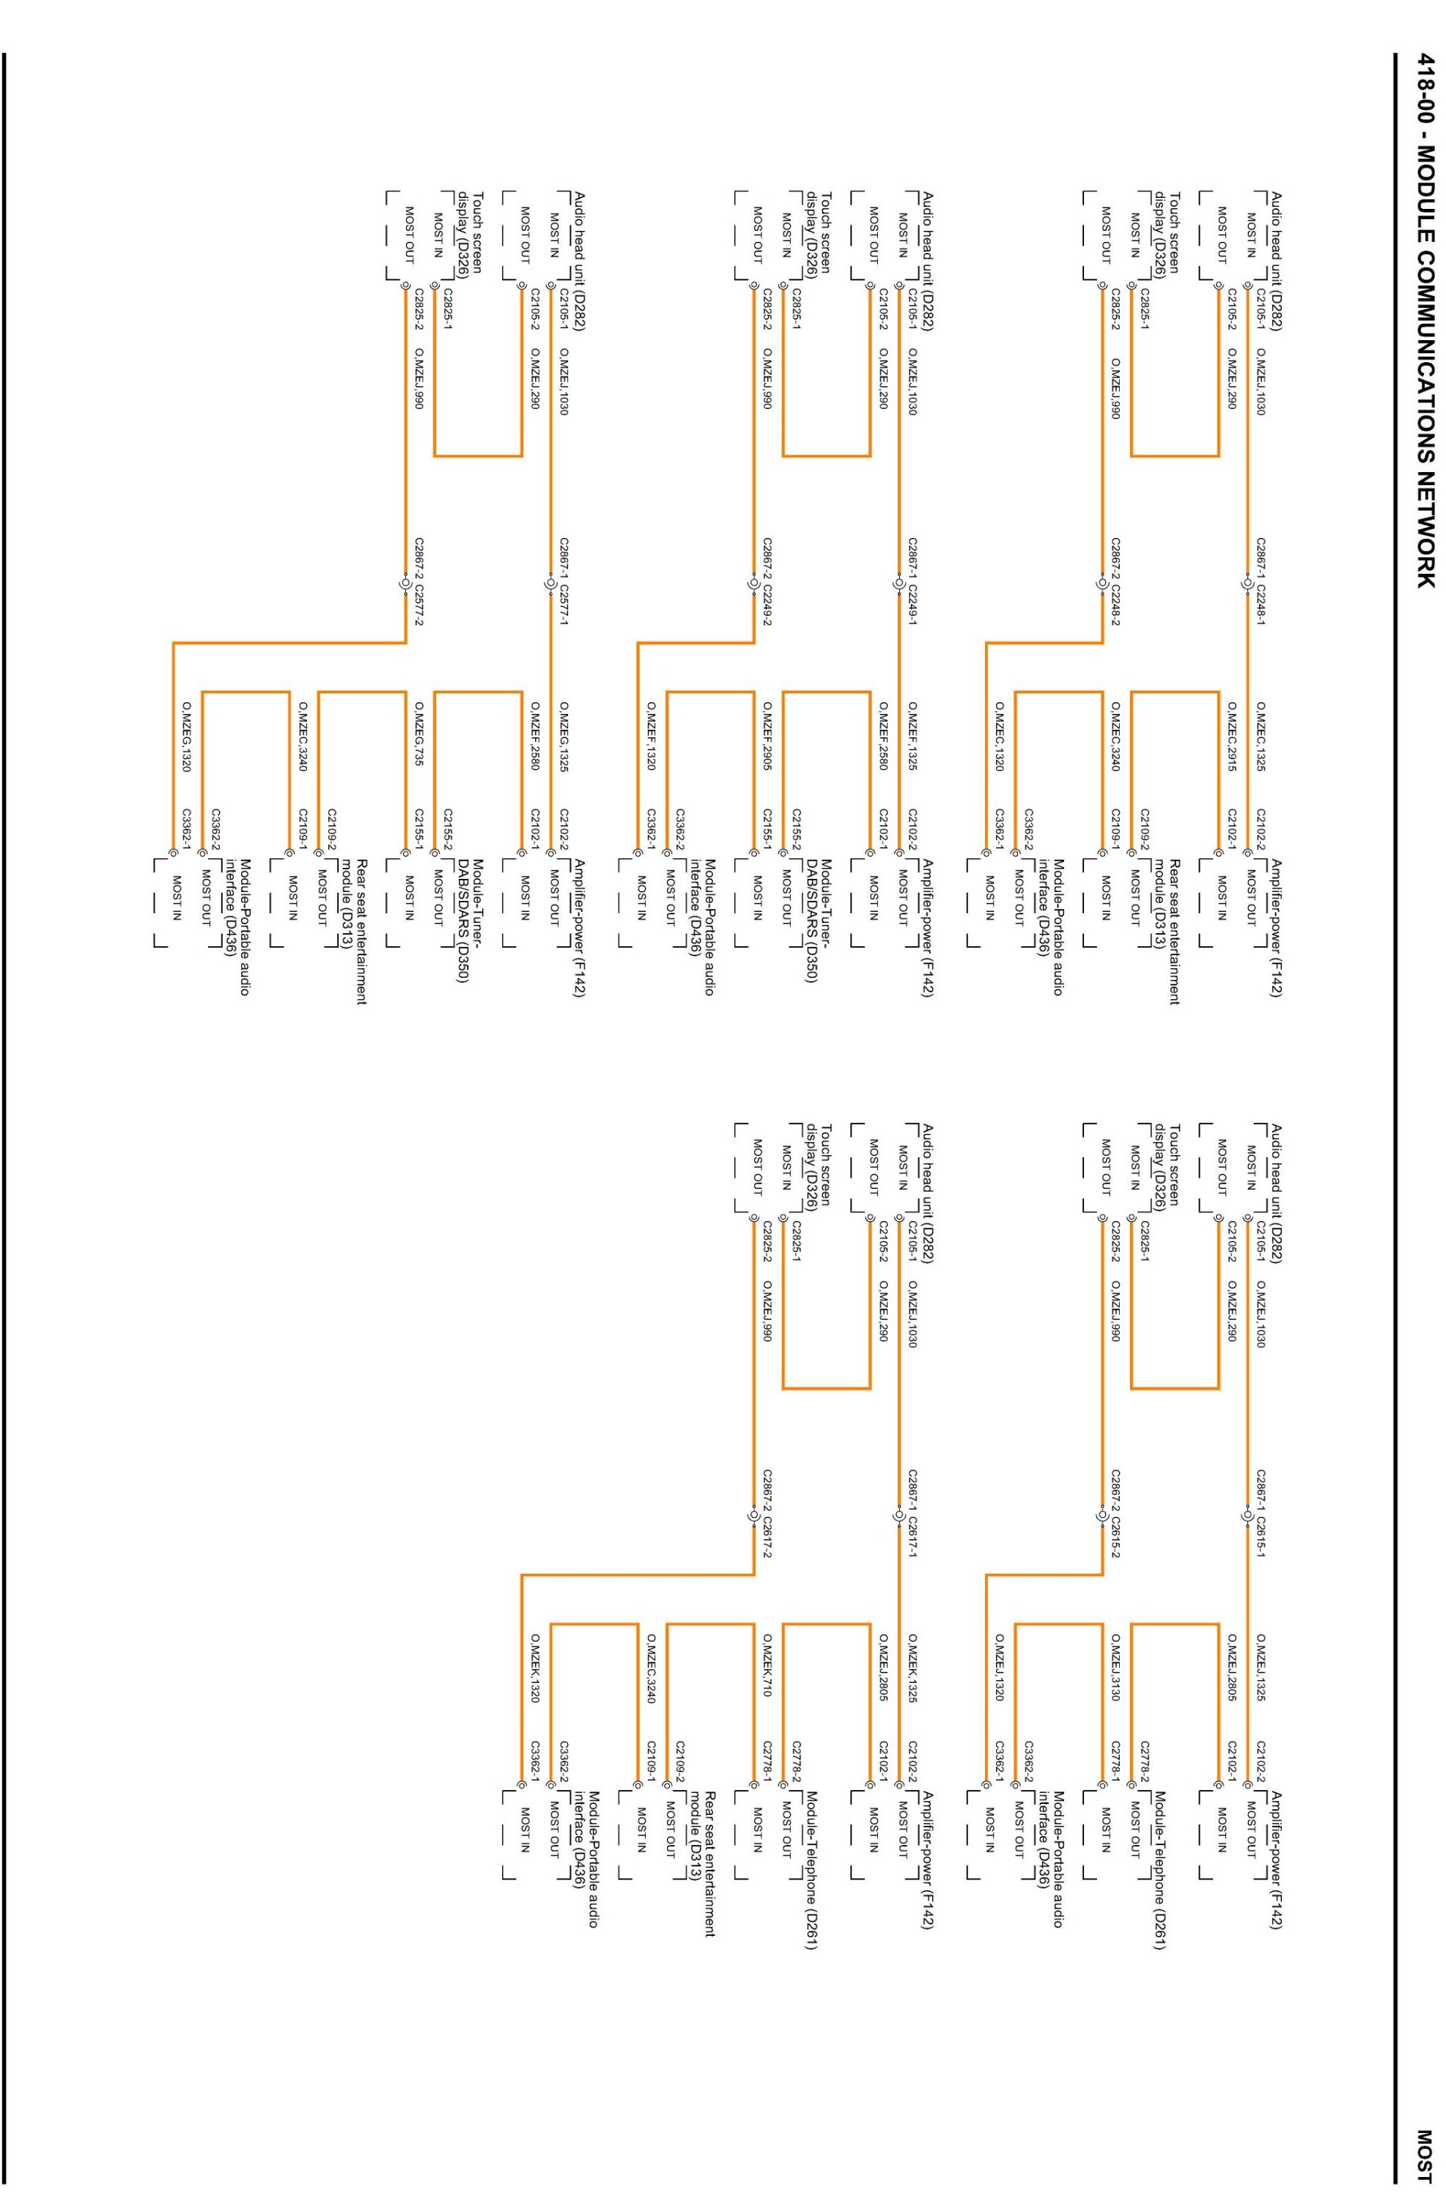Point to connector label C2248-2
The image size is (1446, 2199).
(x=1116, y=614)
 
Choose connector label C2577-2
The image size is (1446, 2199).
(x=418, y=614)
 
